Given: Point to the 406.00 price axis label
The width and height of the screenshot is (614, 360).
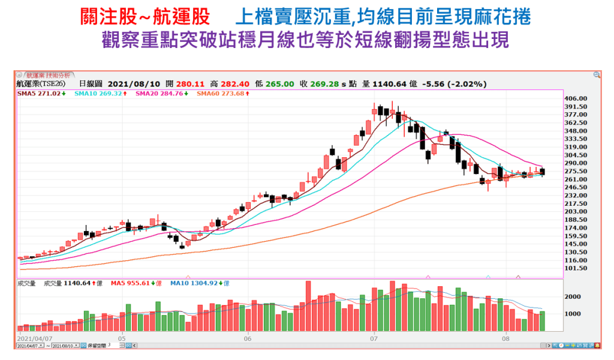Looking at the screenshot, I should point(577,98).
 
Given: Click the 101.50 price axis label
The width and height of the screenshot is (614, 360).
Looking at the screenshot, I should point(577,268).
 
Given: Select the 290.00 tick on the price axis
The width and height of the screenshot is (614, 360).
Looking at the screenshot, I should point(577,163).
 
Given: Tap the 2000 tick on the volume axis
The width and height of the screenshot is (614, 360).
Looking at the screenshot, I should point(574,297).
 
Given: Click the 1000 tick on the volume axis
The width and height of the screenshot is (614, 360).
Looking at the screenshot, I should point(574,314).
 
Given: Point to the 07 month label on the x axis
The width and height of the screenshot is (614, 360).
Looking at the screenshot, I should point(374,338).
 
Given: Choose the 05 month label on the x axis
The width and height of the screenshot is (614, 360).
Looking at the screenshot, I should point(122,338).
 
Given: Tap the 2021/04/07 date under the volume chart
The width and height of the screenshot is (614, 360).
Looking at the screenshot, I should point(34,338).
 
